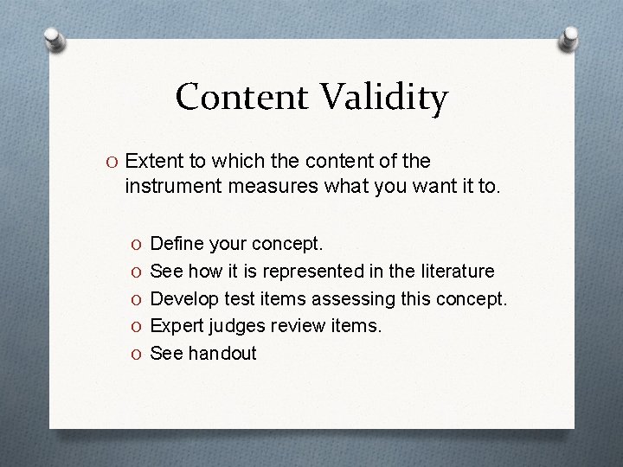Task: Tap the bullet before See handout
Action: point(137,353)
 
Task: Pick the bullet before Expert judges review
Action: point(137,325)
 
